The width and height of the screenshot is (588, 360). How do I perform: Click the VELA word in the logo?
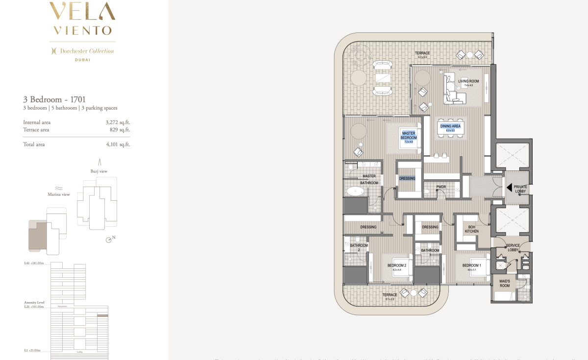pyautogui.click(x=82, y=12)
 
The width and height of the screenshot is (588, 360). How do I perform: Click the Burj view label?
pyautogui.click(x=98, y=171)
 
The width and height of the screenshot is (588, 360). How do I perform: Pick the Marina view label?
pyautogui.click(x=58, y=194)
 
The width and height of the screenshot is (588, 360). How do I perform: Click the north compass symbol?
pyautogui.click(x=110, y=240)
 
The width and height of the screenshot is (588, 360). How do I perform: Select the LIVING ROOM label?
pyautogui.click(x=468, y=81)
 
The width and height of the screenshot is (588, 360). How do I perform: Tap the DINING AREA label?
pyautogui.click(x=450, y=126)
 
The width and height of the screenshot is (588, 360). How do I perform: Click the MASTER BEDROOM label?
pyautogui.click(x=409, y=135)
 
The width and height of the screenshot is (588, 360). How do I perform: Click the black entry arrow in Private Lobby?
pyautogui.click(x=510, y=187)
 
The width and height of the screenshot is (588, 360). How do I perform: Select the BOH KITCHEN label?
pyautogui.click(x=471, y=229)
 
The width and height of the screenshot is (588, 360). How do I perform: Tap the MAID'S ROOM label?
pyautogui.click(x=504, y=283)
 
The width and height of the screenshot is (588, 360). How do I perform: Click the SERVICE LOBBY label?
pyautogui.click(x=513, y=247)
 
